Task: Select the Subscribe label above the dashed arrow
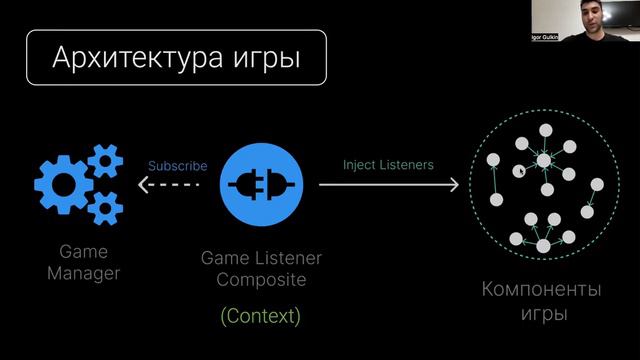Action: click(x=177, y=166)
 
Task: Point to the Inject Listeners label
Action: click(x=388, y=164)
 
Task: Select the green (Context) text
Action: click(x=260, y=316)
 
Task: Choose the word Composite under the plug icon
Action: click(x=261, y=280)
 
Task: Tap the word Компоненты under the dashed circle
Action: click(x=542, y=291)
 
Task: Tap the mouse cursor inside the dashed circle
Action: click(x=519, y=171)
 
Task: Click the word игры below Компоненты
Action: click(x=542, y=313)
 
